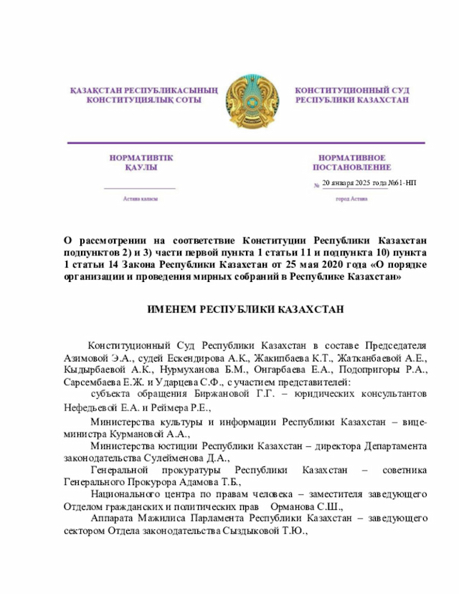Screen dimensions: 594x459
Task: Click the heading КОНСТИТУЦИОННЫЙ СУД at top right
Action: pos(352,91)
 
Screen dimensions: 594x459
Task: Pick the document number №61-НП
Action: pos(400,184)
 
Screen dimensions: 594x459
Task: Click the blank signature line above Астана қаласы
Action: pos(140,188)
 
